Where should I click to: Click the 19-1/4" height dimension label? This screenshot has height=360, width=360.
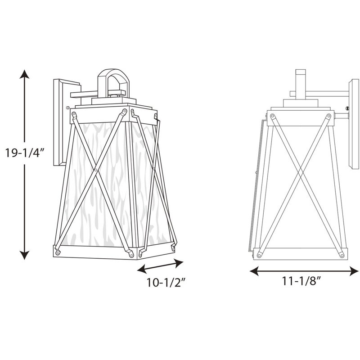pyautogui.click(x=25, y=153)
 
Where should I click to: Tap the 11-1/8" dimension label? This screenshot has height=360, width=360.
pyautogui.click(x=301, y=281)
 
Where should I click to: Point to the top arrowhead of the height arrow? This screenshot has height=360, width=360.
pyautogui.click(x=24, y=74)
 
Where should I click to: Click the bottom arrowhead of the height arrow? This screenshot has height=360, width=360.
pyautogui.click(x=24, y=255)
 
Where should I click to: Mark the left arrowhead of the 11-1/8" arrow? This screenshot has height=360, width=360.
pyautogui.click(x=254, y=271)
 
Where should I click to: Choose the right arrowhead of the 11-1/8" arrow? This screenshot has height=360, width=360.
pyautogui.click(x=354, y=271)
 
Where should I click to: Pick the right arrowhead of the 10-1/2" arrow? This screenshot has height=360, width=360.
pyautogui.click(x=179, y=263)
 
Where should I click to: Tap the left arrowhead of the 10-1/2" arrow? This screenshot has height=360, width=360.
pyautogui.click(x=142, y=269)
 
